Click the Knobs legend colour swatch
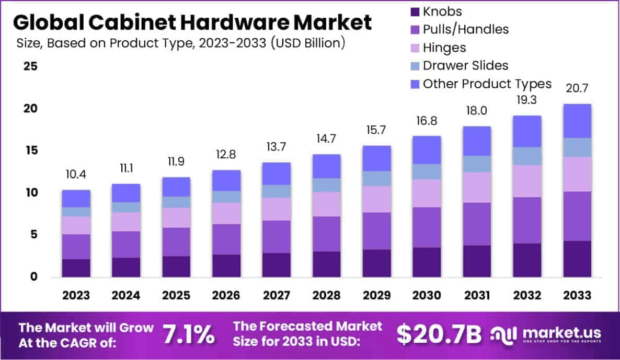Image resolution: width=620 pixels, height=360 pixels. click(x=415, y=11)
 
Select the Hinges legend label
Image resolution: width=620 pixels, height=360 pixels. click(x=444, y=48)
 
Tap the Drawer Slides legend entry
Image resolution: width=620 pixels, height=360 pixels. click(x=465, y=65)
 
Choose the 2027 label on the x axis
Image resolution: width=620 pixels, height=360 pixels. click(x=277, y=296)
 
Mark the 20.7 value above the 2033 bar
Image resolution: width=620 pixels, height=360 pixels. click(x=577, y=89)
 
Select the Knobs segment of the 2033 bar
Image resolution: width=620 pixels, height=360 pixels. click(x=577, y=259)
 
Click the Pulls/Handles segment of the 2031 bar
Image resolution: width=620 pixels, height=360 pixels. click(x=477, y=224)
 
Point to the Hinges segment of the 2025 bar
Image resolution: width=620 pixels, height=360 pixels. click(x=176, y=218)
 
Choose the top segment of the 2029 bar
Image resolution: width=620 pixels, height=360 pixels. click(x=376, y=158)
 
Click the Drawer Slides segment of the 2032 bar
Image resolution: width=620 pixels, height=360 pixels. click(x=527, y=156)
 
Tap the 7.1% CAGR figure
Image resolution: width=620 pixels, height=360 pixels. click(x=188, y=335)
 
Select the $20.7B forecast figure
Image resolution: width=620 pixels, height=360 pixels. click(x=438, y=335)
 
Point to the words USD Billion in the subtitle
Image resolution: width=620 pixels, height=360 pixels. click(x=307, y=43)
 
